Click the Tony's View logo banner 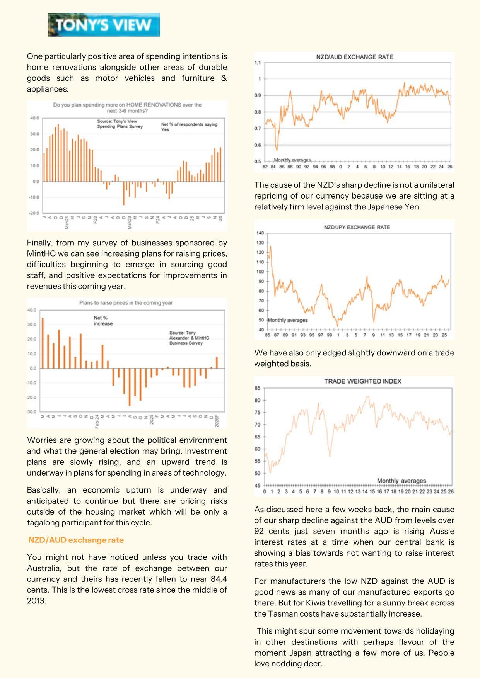[104, 25]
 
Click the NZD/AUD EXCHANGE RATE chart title [354, 57]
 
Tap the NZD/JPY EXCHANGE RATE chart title [357, 227]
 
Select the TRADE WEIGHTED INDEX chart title [362, 381]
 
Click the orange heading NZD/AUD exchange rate [76, 540]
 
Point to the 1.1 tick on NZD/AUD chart [258, 63]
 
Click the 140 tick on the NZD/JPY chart [260, 233]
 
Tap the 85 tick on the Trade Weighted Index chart [258, 388]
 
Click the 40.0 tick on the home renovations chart [35, 118]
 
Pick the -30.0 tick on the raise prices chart [32, 412]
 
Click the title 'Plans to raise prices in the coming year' [126, 303]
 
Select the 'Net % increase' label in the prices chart [103, 321]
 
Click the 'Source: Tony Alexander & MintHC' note [189, 338]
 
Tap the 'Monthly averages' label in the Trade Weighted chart [401, 481]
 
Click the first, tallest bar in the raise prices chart [43, 343]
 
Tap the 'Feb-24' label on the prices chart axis [97, 421]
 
